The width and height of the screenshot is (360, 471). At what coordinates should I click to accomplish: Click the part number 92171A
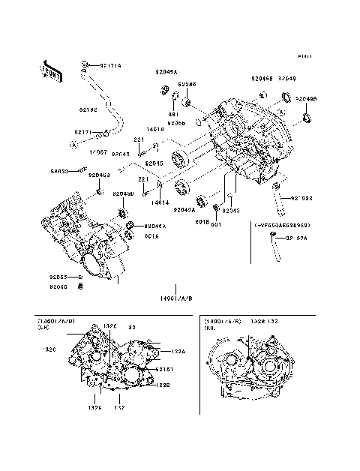[x=110, y=66]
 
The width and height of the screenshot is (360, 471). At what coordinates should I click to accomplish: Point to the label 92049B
[x=306, y=98]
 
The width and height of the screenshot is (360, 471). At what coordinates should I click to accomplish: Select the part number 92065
[x=60, y=277]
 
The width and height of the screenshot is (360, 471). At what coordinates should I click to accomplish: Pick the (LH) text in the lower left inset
[x=46, y=328]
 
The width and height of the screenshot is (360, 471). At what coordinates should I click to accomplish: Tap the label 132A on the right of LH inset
[x=177, y=351]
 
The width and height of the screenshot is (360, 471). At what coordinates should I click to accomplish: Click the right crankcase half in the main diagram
[x=240, y=142]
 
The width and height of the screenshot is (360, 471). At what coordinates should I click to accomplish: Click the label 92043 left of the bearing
[x=121, y=154]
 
